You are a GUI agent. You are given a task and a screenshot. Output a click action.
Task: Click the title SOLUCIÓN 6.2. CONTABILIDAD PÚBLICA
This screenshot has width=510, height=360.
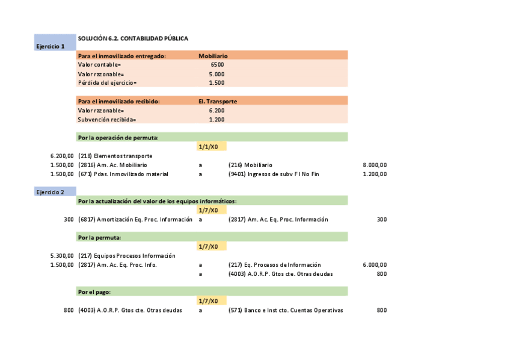click(x=133, y=38)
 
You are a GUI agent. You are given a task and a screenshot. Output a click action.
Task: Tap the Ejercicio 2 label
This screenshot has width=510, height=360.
click(x=50, y=192)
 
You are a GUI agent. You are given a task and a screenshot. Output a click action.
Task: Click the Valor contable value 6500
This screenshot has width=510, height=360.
click(x=217, y=64)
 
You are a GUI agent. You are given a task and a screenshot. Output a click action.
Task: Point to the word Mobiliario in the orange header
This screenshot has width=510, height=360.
click(x=213, y=56)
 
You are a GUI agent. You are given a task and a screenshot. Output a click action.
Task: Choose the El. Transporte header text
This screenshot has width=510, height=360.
click(x=218, y=102)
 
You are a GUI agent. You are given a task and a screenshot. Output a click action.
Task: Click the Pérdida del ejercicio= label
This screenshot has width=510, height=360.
click(x=108, y=83)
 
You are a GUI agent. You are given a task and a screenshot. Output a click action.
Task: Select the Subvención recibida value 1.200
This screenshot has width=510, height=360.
click(x=217, y=120)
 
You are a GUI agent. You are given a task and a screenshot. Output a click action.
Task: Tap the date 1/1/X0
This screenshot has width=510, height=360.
click(x=212, y=147)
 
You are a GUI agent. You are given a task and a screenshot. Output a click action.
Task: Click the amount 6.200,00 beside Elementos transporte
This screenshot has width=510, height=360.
click(x=62, y=156)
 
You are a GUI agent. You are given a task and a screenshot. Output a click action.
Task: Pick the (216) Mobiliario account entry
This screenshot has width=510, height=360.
click(x=250, y=165)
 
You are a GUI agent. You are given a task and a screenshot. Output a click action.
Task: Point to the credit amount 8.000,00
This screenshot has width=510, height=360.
click(x=375, y=165)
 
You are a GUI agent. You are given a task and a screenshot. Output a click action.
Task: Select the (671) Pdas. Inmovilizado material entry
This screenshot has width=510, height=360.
click(x=123, y=174)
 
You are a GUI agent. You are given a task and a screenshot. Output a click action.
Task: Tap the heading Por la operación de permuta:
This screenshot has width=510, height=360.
click(x=118, y=138)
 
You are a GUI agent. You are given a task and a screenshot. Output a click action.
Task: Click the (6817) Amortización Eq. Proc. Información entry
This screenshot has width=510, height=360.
click(x=135, y=219)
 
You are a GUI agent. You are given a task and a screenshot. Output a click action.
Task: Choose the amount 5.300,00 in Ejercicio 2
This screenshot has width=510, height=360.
click(x=62, y=255)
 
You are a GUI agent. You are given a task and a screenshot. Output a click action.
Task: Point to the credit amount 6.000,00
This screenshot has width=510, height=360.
click(x=375, y=265)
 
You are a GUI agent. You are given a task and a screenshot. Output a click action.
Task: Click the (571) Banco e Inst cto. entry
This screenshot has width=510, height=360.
click(x=286, y=310)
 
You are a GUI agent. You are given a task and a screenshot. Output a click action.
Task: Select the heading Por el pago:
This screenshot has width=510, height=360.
click(x=94, y=291)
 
